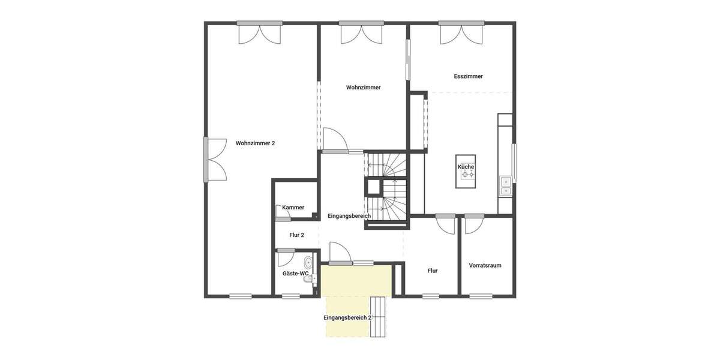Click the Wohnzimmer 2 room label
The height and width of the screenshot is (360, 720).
tap(255, 143)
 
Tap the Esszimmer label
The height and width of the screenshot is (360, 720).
tap(469, 77)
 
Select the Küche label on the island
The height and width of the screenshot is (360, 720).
tap(466, 167)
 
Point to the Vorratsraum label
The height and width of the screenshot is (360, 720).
tap(485, 265)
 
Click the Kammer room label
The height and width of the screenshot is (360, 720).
tap(293, 208)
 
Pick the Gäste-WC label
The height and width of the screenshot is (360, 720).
tap(296, 274)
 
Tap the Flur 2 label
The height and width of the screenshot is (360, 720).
tap(297, 235)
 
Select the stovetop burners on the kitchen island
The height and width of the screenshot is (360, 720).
tap(467, 175)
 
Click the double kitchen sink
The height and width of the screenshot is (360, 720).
tap(506, 185)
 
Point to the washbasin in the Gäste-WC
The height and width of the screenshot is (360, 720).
tap(308, 262)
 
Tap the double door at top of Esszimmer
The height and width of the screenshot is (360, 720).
tap(461, 33)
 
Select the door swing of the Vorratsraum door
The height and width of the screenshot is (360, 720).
tap(472, 225)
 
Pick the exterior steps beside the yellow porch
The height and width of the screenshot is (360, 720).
tap(379, 316)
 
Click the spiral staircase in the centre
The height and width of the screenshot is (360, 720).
tap(387, 189)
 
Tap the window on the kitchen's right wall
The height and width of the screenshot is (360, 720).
tap(514, 161)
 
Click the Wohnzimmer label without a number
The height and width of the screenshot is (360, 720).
tap(364, 88)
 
